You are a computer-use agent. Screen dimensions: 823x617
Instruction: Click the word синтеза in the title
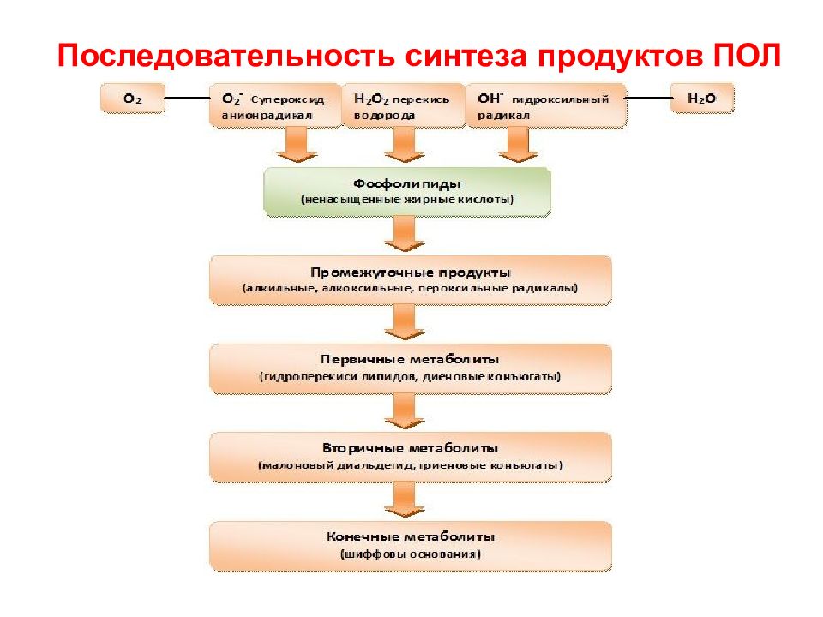pyautogui.click(x=466, y=55)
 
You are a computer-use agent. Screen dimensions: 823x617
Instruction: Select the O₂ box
pyautogui.click(x=133, y=98)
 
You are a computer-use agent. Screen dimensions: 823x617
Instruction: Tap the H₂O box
pyautogui.click(x=702, y=98)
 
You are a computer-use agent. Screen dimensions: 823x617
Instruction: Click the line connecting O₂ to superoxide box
pyautogui.click(x=188, y=98)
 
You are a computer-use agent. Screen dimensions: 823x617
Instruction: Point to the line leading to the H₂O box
pyautogui.click(x=649, y=98)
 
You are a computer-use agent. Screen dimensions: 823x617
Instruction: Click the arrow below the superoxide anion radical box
pyautogui.click(x=297, y=144)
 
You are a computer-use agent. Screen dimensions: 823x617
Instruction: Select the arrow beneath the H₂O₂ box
pyautogui.click(x=405, y=144)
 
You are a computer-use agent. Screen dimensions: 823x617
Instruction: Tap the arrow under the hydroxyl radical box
pyautogui.click(x=519, y=144)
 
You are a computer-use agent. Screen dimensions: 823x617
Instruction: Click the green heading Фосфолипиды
pyautogui.click(x=406, y=183)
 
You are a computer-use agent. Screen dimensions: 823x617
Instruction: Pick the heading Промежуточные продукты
pyautogui.click(x=411, y=273)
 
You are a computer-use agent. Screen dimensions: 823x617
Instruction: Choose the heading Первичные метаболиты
pyautogui.click(x=410, y=360)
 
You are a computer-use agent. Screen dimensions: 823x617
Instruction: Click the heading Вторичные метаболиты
pyautogui.click(x=410, y=448)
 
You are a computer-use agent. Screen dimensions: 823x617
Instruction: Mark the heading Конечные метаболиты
pyautogui.click(x=411, y=536)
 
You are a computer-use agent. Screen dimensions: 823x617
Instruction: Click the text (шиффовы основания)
pyautogui.click(x=411, y=554)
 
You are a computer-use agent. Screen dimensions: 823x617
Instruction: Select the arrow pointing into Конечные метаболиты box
pyautogui.click(x=405, y=500)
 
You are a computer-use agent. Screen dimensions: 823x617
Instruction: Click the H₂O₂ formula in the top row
pyautogui.click(x=371, y=99)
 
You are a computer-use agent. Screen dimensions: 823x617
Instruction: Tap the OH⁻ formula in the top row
pyautogui.click(x=490, y=98)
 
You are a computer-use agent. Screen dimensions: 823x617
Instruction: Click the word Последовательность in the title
pyautogui.click(x=226, y=55)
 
